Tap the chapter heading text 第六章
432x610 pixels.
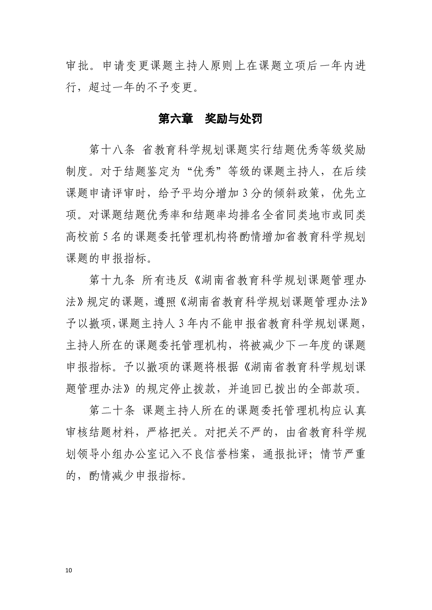coord(176,119)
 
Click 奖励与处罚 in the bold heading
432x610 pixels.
coord(233,119)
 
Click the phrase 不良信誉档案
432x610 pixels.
coord(215,454)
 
